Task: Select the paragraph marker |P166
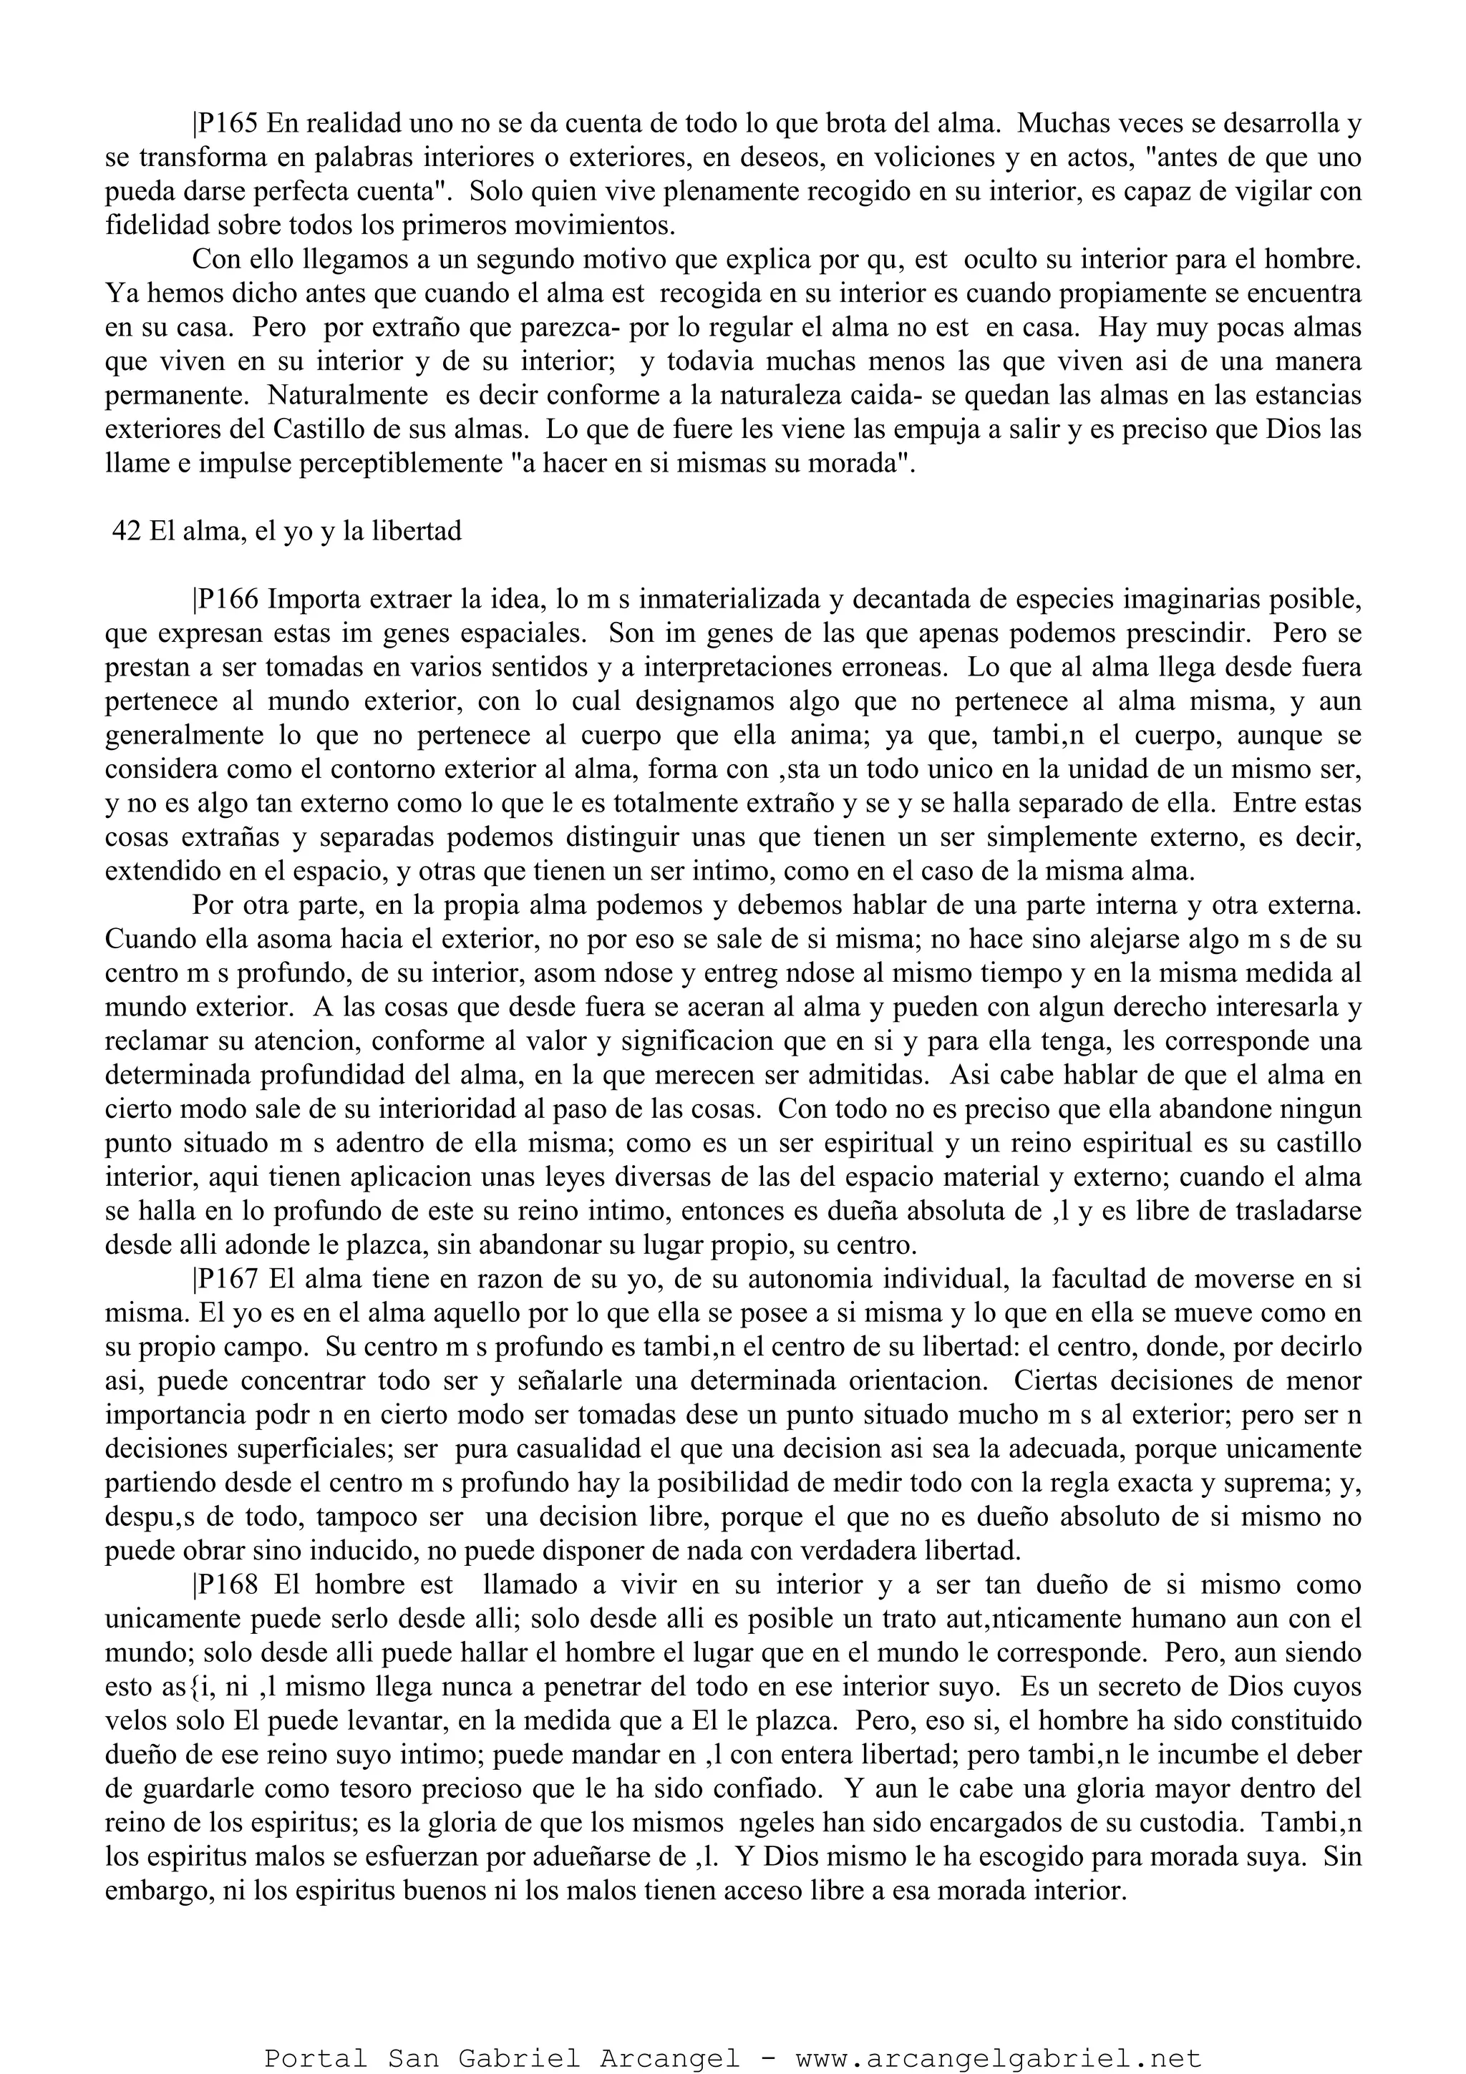225,599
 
